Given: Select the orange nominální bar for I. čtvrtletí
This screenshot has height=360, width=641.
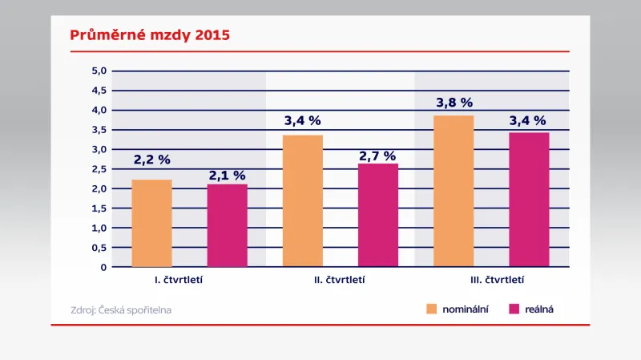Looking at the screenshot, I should click(x=151, y=223).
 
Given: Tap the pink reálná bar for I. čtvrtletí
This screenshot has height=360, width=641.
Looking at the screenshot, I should click(x=228, y=225).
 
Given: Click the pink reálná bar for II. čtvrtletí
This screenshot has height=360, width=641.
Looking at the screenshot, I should click(x=378, y=215).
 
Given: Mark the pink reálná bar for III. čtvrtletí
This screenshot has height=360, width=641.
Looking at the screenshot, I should click(x=529, y=200).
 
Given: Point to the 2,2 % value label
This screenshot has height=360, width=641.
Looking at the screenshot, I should click(x=152, y=160).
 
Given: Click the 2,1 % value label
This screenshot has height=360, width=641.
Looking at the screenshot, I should click(x=228, y=175).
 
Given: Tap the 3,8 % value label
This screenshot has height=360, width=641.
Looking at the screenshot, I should click(x=454, y=103).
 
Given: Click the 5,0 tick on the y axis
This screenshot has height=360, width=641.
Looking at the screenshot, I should click(x=99, y=71).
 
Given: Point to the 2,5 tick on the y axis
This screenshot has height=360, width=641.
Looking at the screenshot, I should click(x=99, y=169).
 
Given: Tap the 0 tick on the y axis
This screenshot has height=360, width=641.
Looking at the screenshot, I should click(x=103, y=267).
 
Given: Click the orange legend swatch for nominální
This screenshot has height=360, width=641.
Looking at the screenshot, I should click(x=430, y=309).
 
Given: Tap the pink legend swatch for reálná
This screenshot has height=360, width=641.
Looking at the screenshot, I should click(x=515, y=309).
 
